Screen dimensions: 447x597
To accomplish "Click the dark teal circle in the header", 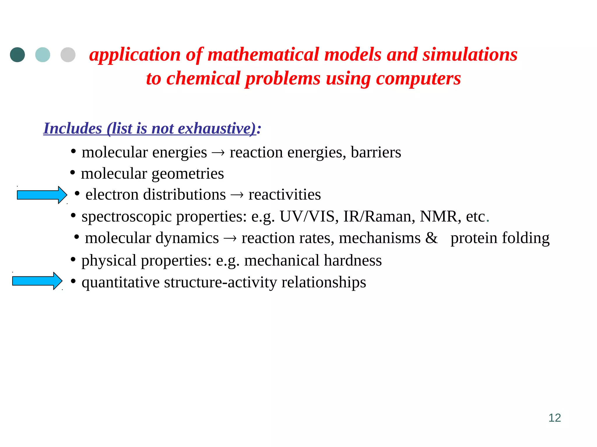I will tap(17, 55).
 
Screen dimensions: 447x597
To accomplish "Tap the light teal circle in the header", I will tap(43, 55).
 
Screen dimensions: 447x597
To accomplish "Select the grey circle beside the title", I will tap(68, 55).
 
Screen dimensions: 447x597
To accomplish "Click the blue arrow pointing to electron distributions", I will tap(42, 195).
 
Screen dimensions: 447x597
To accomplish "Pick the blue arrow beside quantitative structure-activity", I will tap(37, 281).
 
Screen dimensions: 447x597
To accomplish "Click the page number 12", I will tap(554, 418).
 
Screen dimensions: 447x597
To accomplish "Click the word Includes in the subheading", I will tap(73, 128).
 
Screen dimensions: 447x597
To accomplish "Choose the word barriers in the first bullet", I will tap(376, 152).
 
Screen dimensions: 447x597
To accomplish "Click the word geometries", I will tap(188, 174).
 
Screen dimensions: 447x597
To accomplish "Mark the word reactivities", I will tap(285, 194).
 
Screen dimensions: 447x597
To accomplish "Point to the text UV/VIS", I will tap(307, 217).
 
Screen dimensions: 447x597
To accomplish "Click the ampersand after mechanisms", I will tap(431, 238).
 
